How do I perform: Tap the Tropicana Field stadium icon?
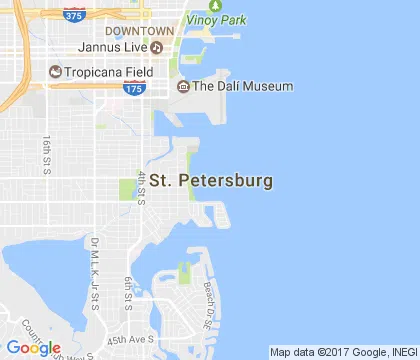[x=54, y=71]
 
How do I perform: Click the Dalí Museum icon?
[x=183, y=86]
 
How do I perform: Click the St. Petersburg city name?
[x=210, y=182]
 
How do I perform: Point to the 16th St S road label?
[x=47, y=154]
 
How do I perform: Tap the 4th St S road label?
[x=142, y=189]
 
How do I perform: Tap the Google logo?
[x=32, y=347]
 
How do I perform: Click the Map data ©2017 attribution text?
[x=343, y=352]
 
